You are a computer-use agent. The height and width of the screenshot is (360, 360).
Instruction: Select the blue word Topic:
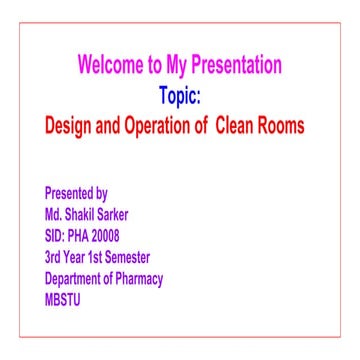180,97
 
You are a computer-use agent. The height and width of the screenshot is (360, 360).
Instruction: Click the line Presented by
77,193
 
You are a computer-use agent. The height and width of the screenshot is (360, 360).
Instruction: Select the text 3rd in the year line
53,257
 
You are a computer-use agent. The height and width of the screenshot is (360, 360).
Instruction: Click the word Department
75,279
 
